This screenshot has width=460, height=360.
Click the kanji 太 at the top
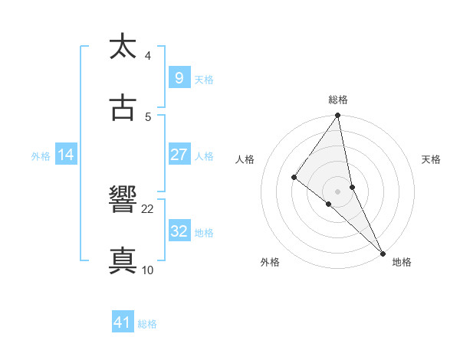coord(123,47)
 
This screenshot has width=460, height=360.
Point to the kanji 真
coord(123,260)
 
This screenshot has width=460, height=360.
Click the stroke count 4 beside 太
coord(148,56)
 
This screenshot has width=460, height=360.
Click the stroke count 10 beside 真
coord(148,270)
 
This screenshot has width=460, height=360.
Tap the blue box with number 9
coord(179,78)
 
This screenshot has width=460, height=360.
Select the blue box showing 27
coord(179,155)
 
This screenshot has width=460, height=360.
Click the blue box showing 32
coord(179,231)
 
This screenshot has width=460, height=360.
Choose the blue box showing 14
coord(66,155)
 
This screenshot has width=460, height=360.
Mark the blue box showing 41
coord(123,322)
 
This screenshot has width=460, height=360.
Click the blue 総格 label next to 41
coord(147,324)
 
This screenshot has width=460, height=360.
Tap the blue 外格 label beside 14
coord(41,156)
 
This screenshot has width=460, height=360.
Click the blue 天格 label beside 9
coord(203,80)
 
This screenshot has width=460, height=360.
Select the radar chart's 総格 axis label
coord(338,100)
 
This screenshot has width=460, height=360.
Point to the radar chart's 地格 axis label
coord(402,262)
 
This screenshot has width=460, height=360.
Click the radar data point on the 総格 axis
coord(338,116)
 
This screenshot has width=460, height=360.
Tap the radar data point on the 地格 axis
coord(382,253)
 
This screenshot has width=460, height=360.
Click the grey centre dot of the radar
coord(337,191)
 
